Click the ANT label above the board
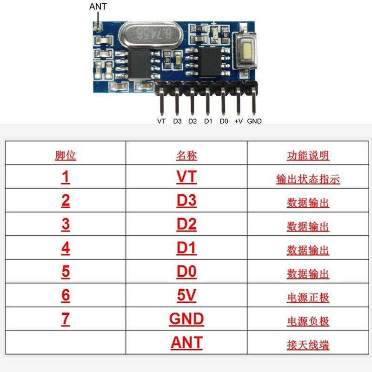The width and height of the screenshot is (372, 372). [x=98, y=7]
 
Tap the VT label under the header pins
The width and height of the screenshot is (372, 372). [x=161, y=121]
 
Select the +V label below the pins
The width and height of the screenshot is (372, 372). [x=239, y=121]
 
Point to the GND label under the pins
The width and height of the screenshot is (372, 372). [x=254, y=121]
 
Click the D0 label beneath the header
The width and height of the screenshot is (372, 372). [x=224, y=121]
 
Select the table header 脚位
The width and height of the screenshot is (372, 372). [x=66, y=155]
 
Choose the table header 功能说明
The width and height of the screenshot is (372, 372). [x=308, y=155]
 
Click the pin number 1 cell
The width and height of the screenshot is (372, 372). [x=66, y=177]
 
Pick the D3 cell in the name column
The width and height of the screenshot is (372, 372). [x=186, y=201]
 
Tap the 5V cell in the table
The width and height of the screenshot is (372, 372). [x=186, y=295]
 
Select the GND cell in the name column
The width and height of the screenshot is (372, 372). [x=186, y=319]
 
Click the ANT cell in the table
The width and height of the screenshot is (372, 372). [x=186, y=343]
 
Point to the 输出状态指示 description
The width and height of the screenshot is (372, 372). [x=308, y=179]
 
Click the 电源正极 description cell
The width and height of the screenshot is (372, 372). [x=308, y=297]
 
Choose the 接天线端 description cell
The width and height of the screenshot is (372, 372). [x=308, y=345]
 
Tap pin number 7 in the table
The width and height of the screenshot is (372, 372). [x=66, y=319]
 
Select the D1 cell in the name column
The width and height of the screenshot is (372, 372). [x=186, y=248]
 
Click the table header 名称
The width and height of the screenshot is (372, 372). [x=186, y=155]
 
